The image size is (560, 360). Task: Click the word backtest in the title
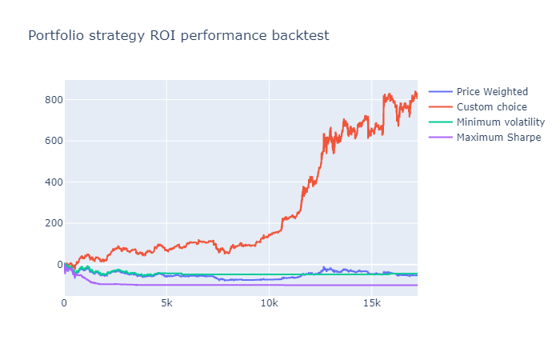298,36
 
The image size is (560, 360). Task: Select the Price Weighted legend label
492,92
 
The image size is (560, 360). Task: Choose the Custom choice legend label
491,107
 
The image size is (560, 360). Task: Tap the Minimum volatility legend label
500,122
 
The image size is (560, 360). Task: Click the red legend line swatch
441,107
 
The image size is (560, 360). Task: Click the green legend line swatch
441,122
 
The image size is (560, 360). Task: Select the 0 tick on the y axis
57,265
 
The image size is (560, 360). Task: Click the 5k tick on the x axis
166,304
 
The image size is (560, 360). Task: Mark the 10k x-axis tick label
270,304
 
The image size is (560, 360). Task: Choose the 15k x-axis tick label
372,304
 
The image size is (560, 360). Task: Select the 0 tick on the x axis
65,304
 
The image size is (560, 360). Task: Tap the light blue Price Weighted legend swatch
441,92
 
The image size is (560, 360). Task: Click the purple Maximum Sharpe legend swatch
441,138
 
